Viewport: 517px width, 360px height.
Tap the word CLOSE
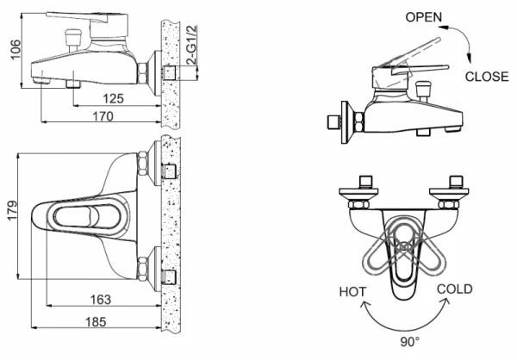487,76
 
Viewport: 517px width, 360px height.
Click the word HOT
352,290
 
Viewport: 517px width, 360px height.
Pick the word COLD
454,289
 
